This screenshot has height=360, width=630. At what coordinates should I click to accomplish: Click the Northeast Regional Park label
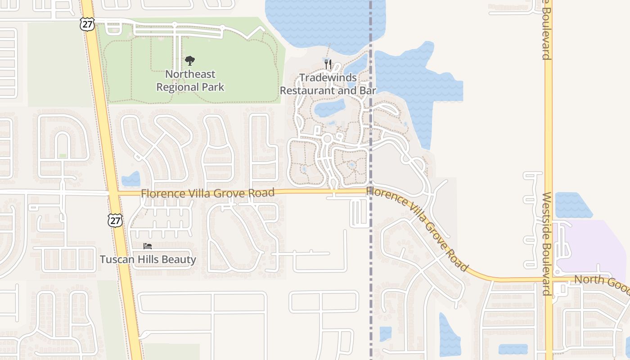190,81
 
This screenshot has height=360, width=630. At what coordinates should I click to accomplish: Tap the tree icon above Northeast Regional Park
190,61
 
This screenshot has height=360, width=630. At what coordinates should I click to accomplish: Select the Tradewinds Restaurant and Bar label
328,84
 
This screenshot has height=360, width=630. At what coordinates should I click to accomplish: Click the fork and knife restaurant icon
328,64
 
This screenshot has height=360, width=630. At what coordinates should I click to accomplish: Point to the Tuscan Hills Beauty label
148,260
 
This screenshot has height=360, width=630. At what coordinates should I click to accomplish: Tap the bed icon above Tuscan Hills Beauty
148,246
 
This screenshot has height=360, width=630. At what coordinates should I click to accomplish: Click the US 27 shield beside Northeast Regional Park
87,24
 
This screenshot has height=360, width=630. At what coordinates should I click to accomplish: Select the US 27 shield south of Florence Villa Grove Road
115,220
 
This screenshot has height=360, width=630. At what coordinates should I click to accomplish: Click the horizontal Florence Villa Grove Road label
207,193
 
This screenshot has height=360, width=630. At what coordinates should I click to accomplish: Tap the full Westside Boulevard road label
547,243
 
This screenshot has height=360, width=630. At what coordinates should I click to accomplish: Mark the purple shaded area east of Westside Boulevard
594,245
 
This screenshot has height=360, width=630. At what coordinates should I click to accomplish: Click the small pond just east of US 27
131,179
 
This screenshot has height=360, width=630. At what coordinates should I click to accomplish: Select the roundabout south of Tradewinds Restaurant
327,139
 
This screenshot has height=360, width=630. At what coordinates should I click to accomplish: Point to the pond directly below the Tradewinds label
329,108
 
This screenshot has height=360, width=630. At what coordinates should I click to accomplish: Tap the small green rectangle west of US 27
63,156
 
